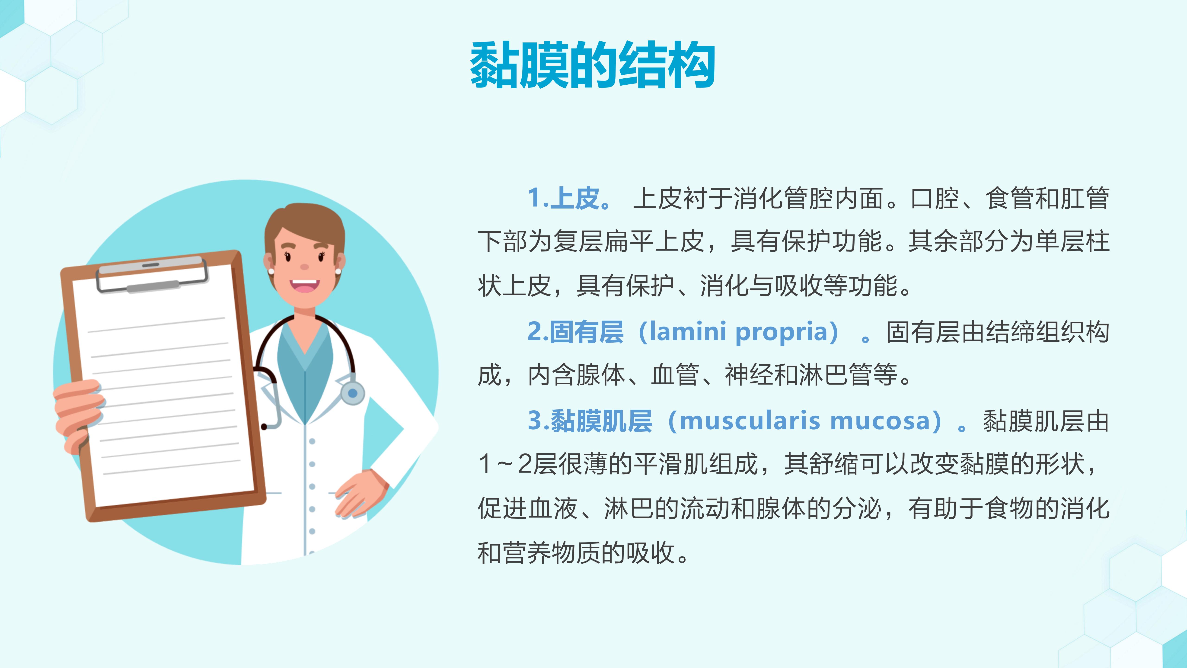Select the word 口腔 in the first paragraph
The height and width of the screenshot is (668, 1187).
click(935, 198)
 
